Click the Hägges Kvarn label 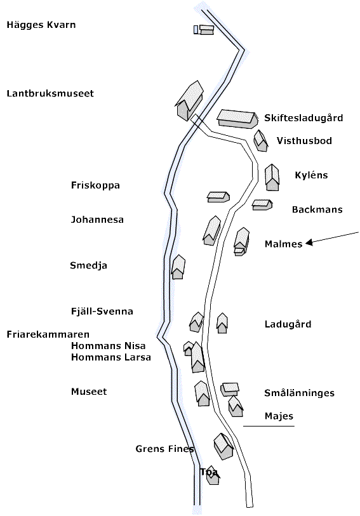pyautogui.click(x=41, y=25)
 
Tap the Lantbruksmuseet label pyautogui.click(x=50, y=93)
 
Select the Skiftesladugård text pyautogui.click(x=303, y=118)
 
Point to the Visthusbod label pyautogui.click(x=304, y=141)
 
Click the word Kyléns pyautogui.click(x=311, y=175)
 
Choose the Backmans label pyautogui.click(x=317, y=209)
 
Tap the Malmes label pyautogui.click(x=283, y=244)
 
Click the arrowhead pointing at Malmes pyautogui.click(x=309, y=243)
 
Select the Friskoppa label pyautogui.click(x=95, y=185)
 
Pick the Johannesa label pyautogui.click(x=97, y=220)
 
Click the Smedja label pyautogui.click(x=88, y=265)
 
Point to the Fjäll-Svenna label pyautogui.click(x=102, y=311)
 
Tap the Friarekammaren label pyautogui.click(x=48, y=334)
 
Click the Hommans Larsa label pyautogui.click(x=111, y=357)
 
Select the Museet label pyautogui.click(x=89, y=392)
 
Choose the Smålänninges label pyautogui.click(x=300, y=393)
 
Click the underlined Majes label pyautogui.click(x=279, y=416)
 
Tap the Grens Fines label pyautogui.click(x=164, y=449)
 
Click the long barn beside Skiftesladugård pyautogui.click(x=237, y=119)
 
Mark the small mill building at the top pyautogui.click(x=204, y=30)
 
